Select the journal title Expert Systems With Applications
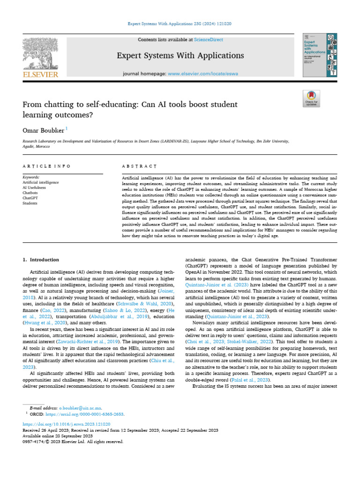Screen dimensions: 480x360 [x=180, y=56]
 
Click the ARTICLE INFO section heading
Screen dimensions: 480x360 [x=47, y=166]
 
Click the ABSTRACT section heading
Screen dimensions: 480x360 [x=139, y=166]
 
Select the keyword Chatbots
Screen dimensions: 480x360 [x=31, y=193]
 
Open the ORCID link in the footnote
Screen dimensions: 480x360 [x=89, y=415]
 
